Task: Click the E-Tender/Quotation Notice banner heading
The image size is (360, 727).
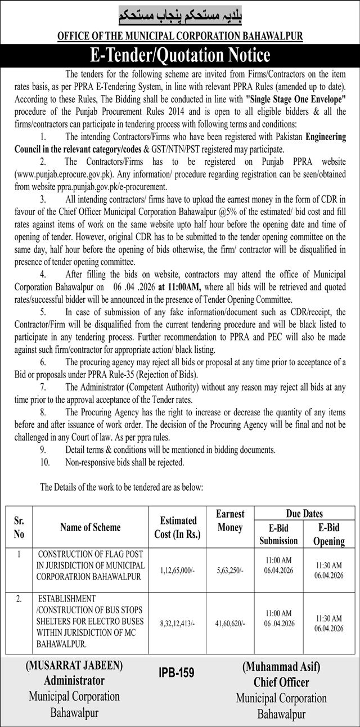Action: click(x=180, y=56)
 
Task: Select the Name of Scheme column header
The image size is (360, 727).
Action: click(x=91, y=527)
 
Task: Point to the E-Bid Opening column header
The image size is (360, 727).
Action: click(x=328, y=535)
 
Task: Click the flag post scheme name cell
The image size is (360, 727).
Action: click(x=91, y=563)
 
